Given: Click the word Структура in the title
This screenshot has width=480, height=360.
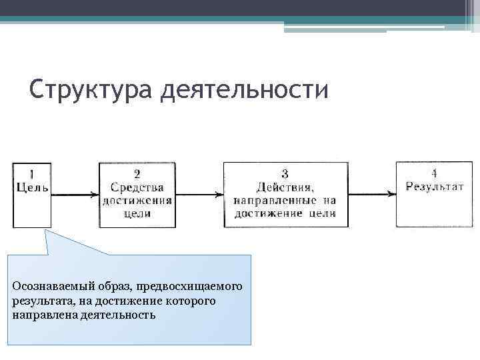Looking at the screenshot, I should pos(91,89).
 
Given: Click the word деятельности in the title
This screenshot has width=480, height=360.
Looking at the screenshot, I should pos(245,89).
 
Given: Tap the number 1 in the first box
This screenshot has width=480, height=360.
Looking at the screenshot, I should pos(31,175).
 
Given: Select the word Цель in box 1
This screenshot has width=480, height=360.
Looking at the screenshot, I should pos(32,187).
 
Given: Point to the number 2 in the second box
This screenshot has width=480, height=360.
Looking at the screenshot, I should pos(137,175).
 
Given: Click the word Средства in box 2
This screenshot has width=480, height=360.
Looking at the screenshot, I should pos(137,187).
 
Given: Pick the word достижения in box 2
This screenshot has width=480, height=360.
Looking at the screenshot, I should pos(137,200).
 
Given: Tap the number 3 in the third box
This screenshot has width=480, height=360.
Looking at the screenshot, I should pos(285,175).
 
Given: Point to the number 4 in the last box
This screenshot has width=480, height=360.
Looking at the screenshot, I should pos(435,174).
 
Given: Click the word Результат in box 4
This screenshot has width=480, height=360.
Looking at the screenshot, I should pos(435,187).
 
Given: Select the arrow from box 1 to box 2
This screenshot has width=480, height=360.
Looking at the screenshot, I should pos(75,195).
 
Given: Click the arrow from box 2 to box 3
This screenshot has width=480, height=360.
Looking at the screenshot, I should pos(199,195).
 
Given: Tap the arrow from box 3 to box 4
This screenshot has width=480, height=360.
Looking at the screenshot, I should pos(372,195).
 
